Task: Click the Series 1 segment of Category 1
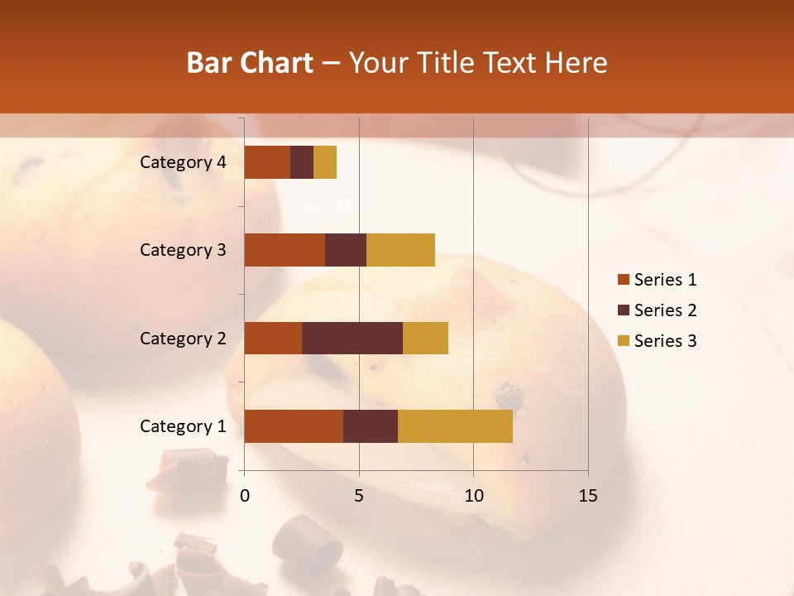pyautogui.click(x=294, y=426)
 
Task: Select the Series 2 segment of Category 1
pyautogui.click(x=371, y=426)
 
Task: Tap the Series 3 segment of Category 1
pyautogui.click(x=455, y=426)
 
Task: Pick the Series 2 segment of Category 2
pyautogui.click(x=352, y=338)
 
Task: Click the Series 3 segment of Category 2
pyautogui.click(x=425, y=338)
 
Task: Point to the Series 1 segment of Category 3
pyautogui.click(x=285, y=250)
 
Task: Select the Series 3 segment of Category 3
pyautogui.click(x=400, y=250)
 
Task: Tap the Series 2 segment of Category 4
pyautogui.click(x=302, y=162)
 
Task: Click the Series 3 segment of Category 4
pyautogui.click(x=325, y=162)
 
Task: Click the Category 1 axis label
pyautogui.click(x=183, y=426)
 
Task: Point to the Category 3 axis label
pyautogui.click(x=183, y=250)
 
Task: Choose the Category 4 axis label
pyautogui.click(x=183, y=162)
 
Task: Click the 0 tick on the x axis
pyautogui.click(x=245, y=496)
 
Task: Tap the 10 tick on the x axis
pyautogui.click(x=473, y=496)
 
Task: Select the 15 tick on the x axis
pyautogui.click(x=587, y=496)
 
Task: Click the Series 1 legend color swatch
pyautogui.click(x=623, y=280)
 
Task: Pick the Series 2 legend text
pyautogui.click(x=665, y=310)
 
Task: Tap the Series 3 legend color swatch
pyautogui.click(x=623, y=341)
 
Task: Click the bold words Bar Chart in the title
pyautogui.click(x=250, y=63)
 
